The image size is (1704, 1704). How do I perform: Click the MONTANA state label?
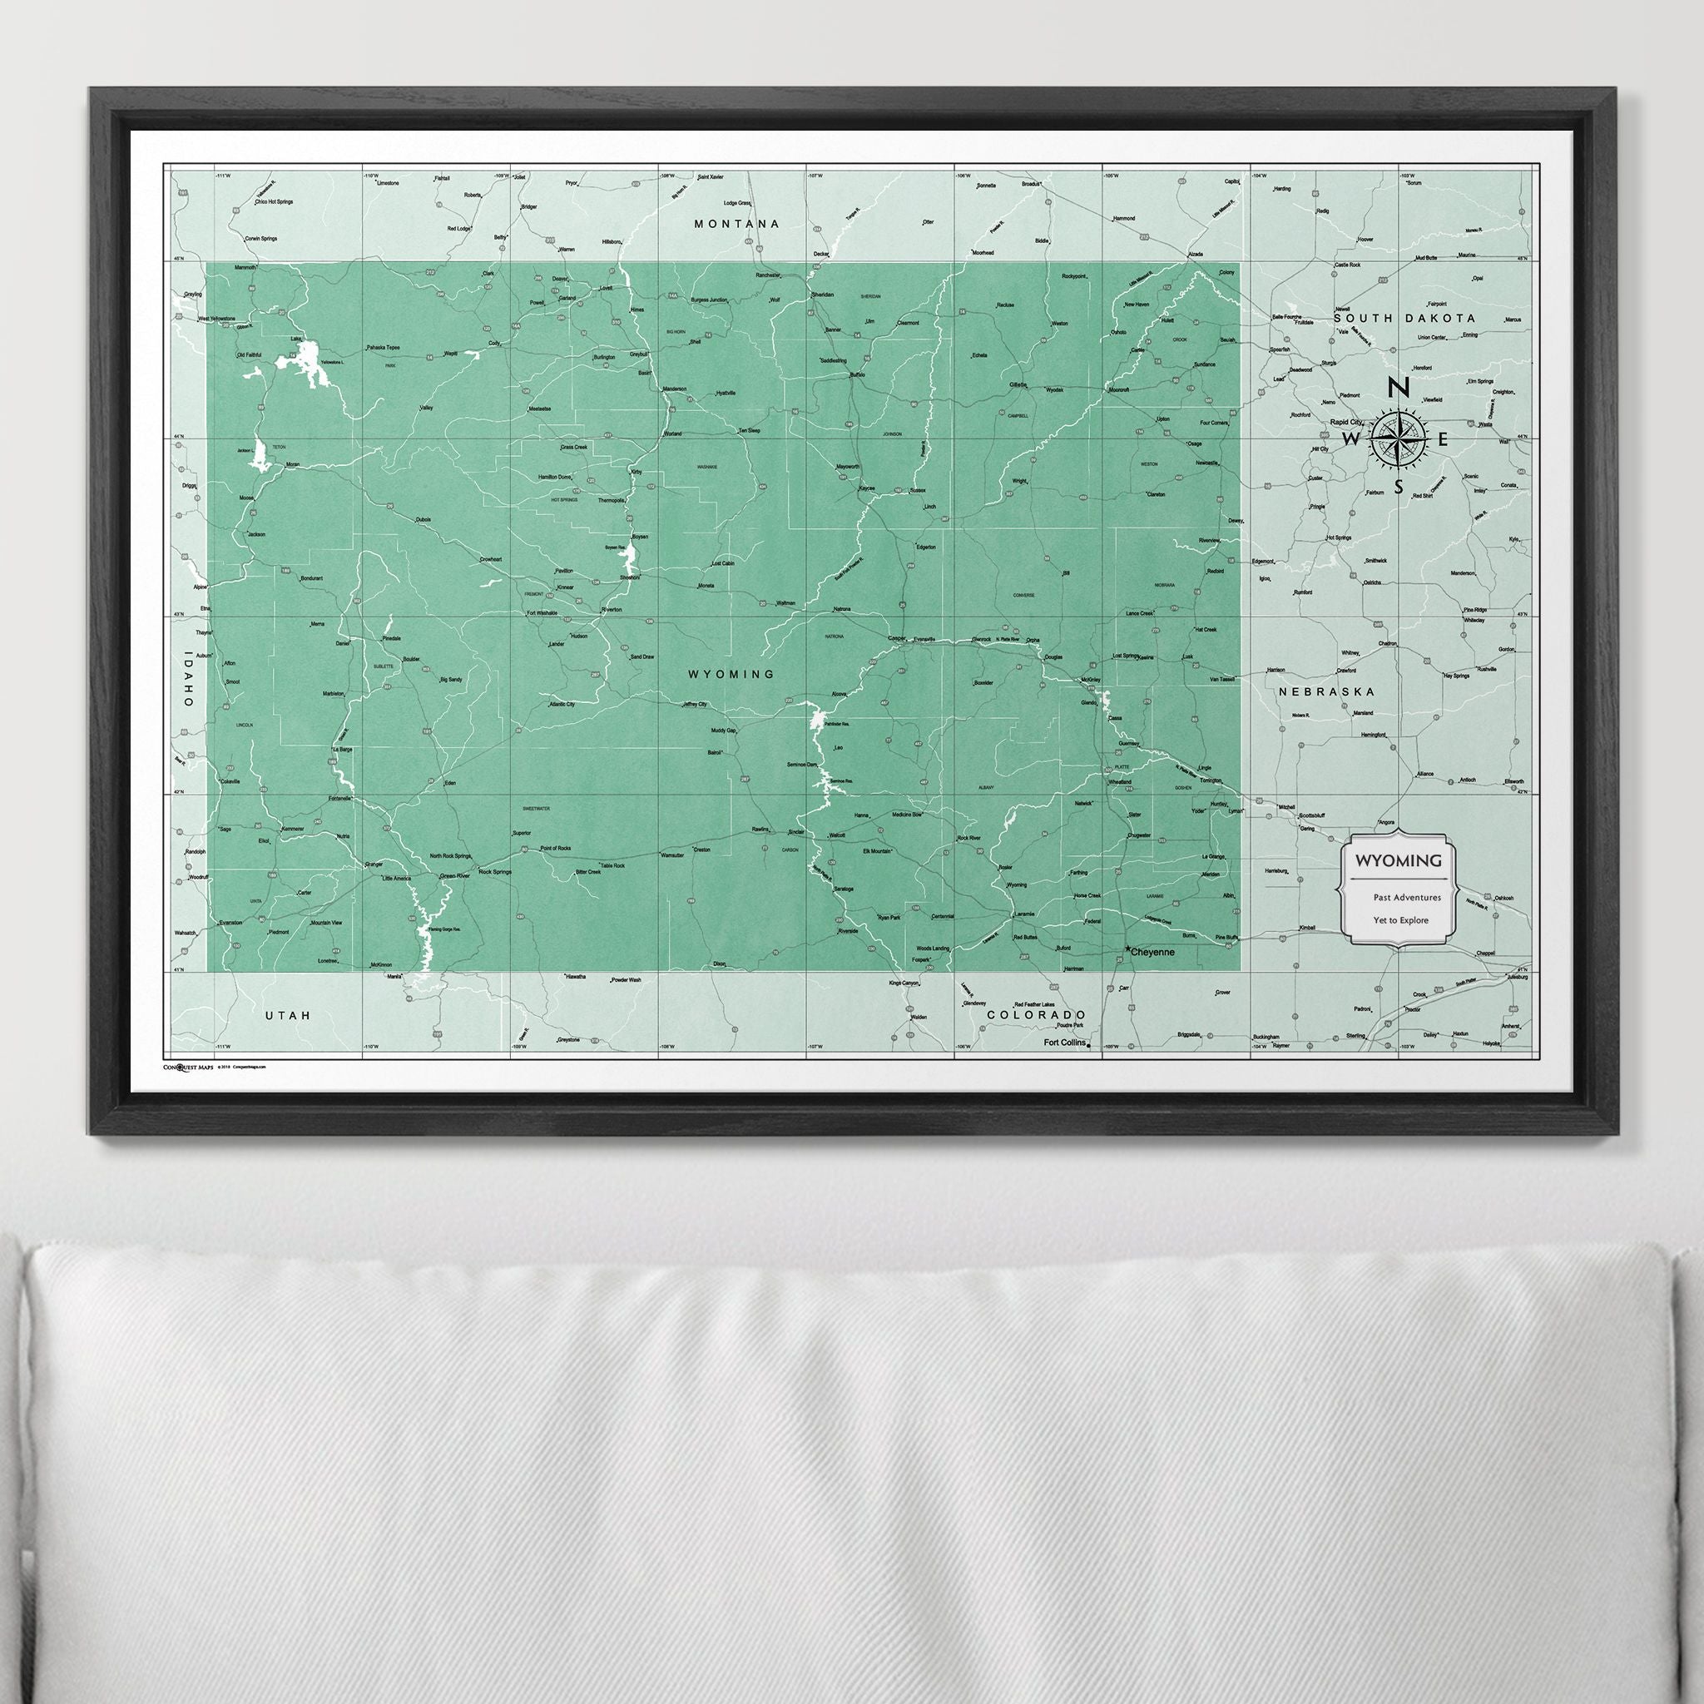pos(736,224)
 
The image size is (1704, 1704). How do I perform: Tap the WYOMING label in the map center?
pos(731,674)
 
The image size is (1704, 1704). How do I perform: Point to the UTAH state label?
pos(289,1015)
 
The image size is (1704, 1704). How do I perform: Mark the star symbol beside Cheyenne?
pos(1128,949)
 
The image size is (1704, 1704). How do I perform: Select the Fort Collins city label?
pos(1063,1043)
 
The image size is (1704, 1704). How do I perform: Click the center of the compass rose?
pos(1399,437)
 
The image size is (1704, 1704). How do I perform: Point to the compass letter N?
pos(1398,386)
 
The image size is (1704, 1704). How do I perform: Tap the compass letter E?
pos(1444,438)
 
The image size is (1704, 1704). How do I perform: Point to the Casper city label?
pos(897,637)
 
